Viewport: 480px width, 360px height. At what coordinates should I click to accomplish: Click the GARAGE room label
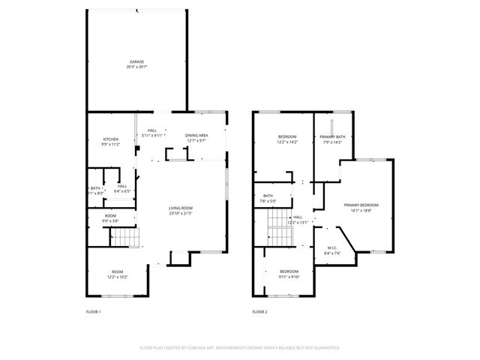[x=136, y=61]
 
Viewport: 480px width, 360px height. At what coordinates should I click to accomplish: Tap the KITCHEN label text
[x=111, y=139]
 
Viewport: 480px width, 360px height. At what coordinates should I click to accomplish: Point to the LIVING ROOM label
[x=181, y=208]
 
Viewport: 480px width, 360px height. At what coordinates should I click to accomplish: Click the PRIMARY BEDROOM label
[x=361, y=205]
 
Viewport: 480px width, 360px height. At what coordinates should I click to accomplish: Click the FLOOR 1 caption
[x=94, y=311]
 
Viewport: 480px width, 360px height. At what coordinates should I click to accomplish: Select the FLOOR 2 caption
[x=259, y=311]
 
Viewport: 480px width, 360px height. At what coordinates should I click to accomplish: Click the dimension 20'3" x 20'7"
[x=136, y=67]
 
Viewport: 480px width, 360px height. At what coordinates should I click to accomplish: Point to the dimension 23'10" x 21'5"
[x=181, y=213]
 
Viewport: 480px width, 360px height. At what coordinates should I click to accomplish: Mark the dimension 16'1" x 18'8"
[x=361, y=211]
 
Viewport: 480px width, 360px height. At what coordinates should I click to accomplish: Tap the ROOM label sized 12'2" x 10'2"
[x=117, y=271]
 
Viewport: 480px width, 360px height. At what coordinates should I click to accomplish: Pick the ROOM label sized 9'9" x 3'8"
[x=110, y=216]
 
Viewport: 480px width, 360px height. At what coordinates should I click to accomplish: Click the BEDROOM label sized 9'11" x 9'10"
[x=289, y=271]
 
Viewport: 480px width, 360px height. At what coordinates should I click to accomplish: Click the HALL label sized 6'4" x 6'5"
[x=122, y=186]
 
